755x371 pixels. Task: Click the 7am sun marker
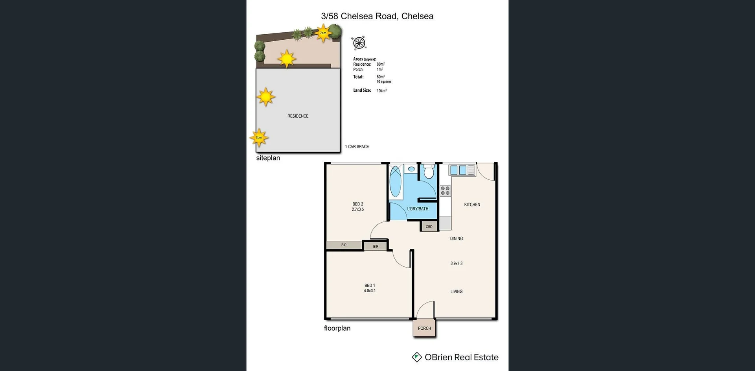tap(323, 33)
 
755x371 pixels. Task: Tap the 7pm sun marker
tap(259, 138)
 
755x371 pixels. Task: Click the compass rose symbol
tap(359, 43)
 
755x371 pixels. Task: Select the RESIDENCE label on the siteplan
tap(298, 116)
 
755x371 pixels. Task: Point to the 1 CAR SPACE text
tap(357, 147)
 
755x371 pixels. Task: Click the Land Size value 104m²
tap(381, 91)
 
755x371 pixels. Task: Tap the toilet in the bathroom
tap(429, 172)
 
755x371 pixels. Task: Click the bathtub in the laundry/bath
tap(396, 181)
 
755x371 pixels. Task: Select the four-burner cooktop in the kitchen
tap(445, 191)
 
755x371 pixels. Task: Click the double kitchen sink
tap(458, 170)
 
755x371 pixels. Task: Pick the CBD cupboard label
tap(429, 227)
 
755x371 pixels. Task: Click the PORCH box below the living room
tap(424, 328)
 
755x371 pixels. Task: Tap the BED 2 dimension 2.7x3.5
tap(358, 210)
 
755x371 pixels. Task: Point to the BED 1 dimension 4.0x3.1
tap(370, 291)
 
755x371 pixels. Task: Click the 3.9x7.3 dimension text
tap(456, 264)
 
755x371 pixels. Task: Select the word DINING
tap(456, 238)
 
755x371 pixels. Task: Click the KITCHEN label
tap(472, 205)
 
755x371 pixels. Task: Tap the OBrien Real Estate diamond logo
tap(416, 357)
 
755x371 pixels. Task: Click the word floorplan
tap(337, 328)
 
